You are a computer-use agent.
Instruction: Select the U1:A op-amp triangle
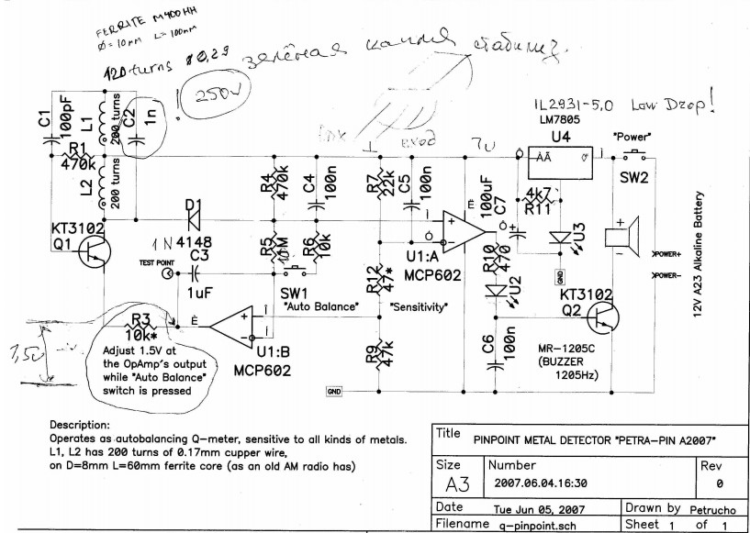[461, 229]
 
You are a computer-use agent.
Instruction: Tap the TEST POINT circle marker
[167, 272]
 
